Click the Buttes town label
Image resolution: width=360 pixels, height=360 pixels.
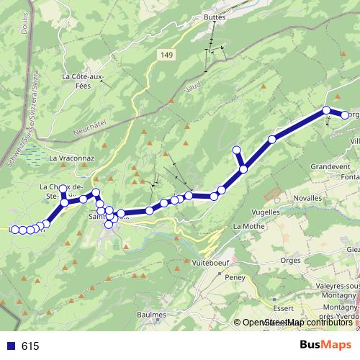(215, 17)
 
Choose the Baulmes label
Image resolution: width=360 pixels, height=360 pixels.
(150, 314)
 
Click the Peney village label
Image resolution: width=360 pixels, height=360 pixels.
(234, 276)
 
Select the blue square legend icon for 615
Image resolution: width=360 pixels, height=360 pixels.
(12, 346)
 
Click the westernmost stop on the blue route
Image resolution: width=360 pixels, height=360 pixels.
(14, 229)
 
